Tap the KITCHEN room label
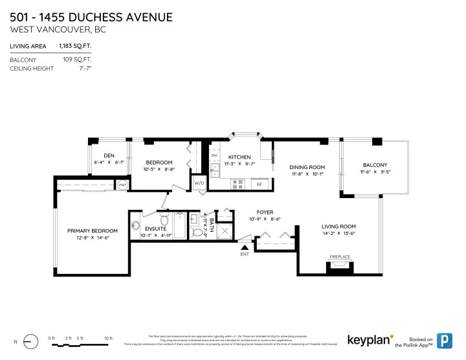[239, 157]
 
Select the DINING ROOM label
[305, 167]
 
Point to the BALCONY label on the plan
[375, 165]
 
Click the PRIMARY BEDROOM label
[93, 231]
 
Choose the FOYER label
[265, 212]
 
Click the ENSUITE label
[155, 229]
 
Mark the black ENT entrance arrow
[245, 247]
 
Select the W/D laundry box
[199, 183]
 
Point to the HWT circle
[122, 185]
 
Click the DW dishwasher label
[214, 155]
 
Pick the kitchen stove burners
[236, 184]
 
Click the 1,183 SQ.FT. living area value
[74, 46]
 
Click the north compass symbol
[29, 341]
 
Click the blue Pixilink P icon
[445, 340]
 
